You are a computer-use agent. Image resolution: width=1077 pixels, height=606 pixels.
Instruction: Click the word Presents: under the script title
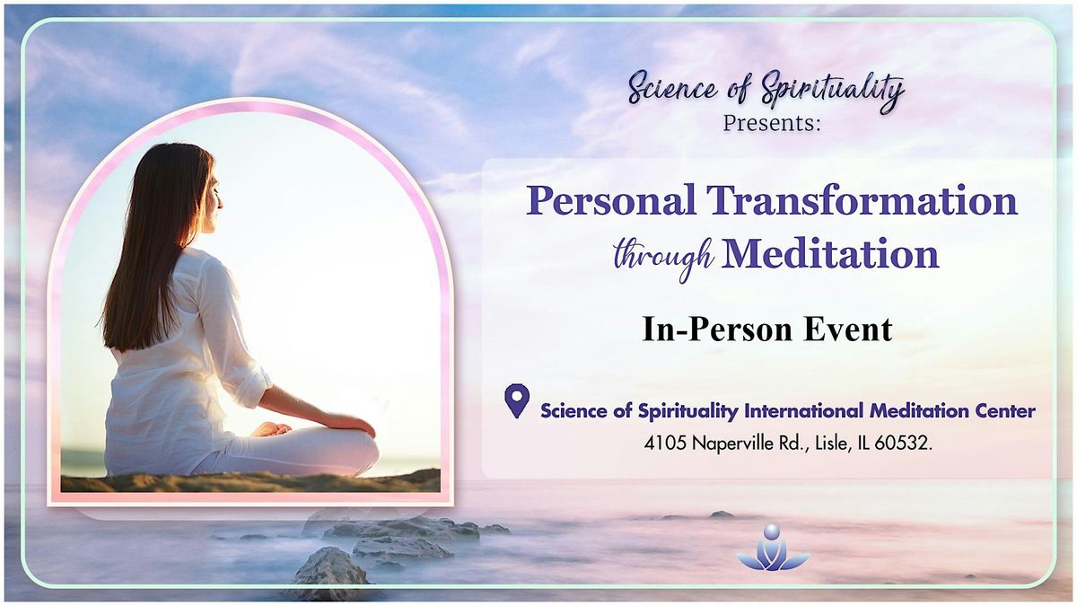772,123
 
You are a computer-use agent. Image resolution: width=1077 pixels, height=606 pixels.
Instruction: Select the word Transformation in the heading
862,199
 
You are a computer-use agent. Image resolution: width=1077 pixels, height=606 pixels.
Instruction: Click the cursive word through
665,258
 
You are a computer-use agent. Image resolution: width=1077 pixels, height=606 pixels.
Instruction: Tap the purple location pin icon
517,400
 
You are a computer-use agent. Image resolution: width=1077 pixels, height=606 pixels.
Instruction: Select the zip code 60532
903,443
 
